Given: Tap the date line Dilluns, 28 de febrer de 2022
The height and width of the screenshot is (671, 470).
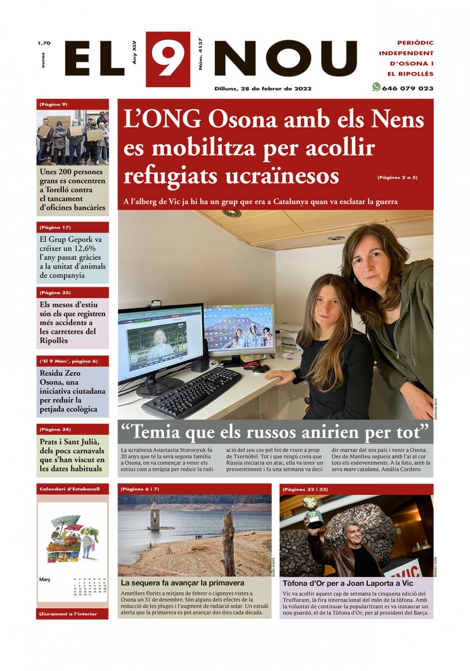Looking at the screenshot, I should [x=263, y=88].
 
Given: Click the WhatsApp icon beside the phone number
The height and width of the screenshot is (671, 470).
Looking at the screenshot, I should [x=376, y=87].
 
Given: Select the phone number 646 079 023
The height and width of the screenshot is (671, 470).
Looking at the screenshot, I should [x=407, y=88].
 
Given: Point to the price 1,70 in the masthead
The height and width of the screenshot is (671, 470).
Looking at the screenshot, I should [x=44, y=43].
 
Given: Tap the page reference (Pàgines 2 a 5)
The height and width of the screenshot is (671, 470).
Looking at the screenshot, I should [x=397, y=178].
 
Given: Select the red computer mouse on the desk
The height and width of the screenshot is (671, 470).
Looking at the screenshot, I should [x=252, y=365].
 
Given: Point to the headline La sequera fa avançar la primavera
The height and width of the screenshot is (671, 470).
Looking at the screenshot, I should [x=182, y=583].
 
